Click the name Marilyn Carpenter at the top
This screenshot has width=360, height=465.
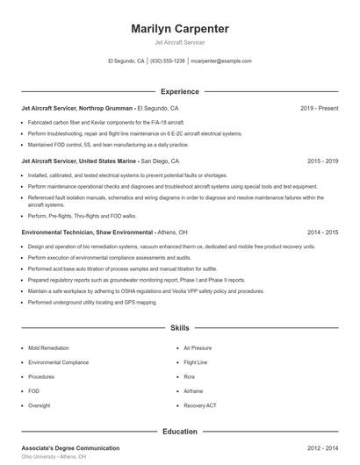(179, 29)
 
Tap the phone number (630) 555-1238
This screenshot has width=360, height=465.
(168, 61)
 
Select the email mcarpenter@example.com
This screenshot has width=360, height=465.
(221, 61)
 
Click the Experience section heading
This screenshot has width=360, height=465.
(179, 91)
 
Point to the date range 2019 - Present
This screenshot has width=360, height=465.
(319, 108)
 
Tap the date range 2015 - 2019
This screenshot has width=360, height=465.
(322, 161)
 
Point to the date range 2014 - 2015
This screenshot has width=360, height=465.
(322, 232)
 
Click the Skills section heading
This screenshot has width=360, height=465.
(179, 327)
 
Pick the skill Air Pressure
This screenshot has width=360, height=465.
(198, 347)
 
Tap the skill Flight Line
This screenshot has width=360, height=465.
(196, 362)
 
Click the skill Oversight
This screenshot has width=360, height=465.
(40, 406)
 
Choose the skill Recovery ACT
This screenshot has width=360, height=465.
(200, 406)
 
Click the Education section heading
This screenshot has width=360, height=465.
(179, 431)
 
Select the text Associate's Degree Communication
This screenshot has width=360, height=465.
(69, 448)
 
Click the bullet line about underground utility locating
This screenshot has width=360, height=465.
(92, 302)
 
